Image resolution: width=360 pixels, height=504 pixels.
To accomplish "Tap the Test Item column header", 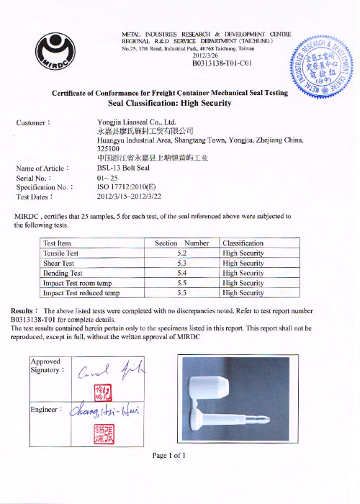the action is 57,243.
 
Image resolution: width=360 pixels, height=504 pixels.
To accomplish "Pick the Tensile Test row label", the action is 60,253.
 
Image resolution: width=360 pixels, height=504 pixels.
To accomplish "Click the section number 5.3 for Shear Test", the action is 182,264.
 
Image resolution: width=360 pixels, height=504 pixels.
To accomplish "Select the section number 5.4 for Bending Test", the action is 182,274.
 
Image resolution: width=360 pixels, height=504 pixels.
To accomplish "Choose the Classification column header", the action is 243,243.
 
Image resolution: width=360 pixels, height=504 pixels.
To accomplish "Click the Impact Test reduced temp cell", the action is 81,293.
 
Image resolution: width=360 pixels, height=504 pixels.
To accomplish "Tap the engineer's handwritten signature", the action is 105,412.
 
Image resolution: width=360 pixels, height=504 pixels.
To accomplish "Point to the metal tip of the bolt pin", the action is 266,418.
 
